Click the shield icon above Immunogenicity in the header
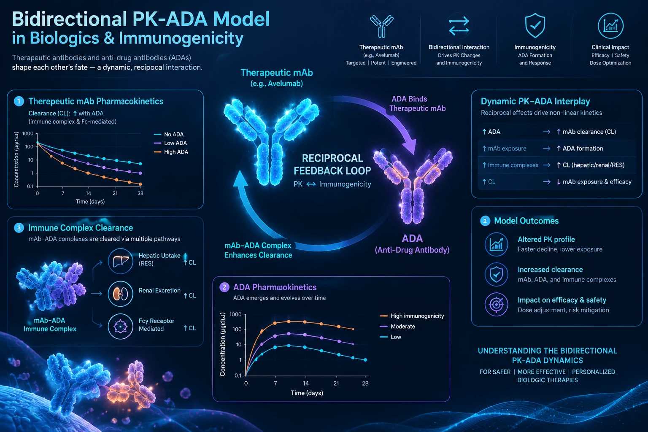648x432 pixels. pyautogui.click(x=535, y=25)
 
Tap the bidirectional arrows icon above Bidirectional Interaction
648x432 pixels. pyautogui.click(x=459, y=26)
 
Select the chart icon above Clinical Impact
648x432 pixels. pyautogui.click(x=610, y=26)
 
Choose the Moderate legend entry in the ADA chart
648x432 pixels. pyautogui.click(x=397, y=327)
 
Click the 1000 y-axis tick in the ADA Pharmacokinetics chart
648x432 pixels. pyautogui.click(x=235, y=315)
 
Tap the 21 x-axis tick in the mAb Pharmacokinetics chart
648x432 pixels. pyautogui.click(x=115, y=193)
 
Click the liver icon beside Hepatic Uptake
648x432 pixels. pyautogui.click(x=120, y=261)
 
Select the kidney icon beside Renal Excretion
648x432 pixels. pyautogui.click(x=120, y=294)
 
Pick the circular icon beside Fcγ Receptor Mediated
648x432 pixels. pyautogui.click(x=120, y=327)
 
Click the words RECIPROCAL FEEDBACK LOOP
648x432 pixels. pyautogui.click(x=332, y=165)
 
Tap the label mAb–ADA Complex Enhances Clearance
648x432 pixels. pyautogui.click(x=258, y=250)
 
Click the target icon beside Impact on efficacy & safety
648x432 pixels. pyautogui.click(x=496, y=305)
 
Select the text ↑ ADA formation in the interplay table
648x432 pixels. pyautogui.click(x=580, y=148)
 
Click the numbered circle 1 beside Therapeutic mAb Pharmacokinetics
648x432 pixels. pyautogui.click(x=19, y=101)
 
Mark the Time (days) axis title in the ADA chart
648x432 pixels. pyautogui.click(x=307, y=393)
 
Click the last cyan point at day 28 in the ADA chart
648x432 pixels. pyautogui.click(x=365, y=360)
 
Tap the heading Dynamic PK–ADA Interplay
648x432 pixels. pyautogui.click(x=535, y=101)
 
